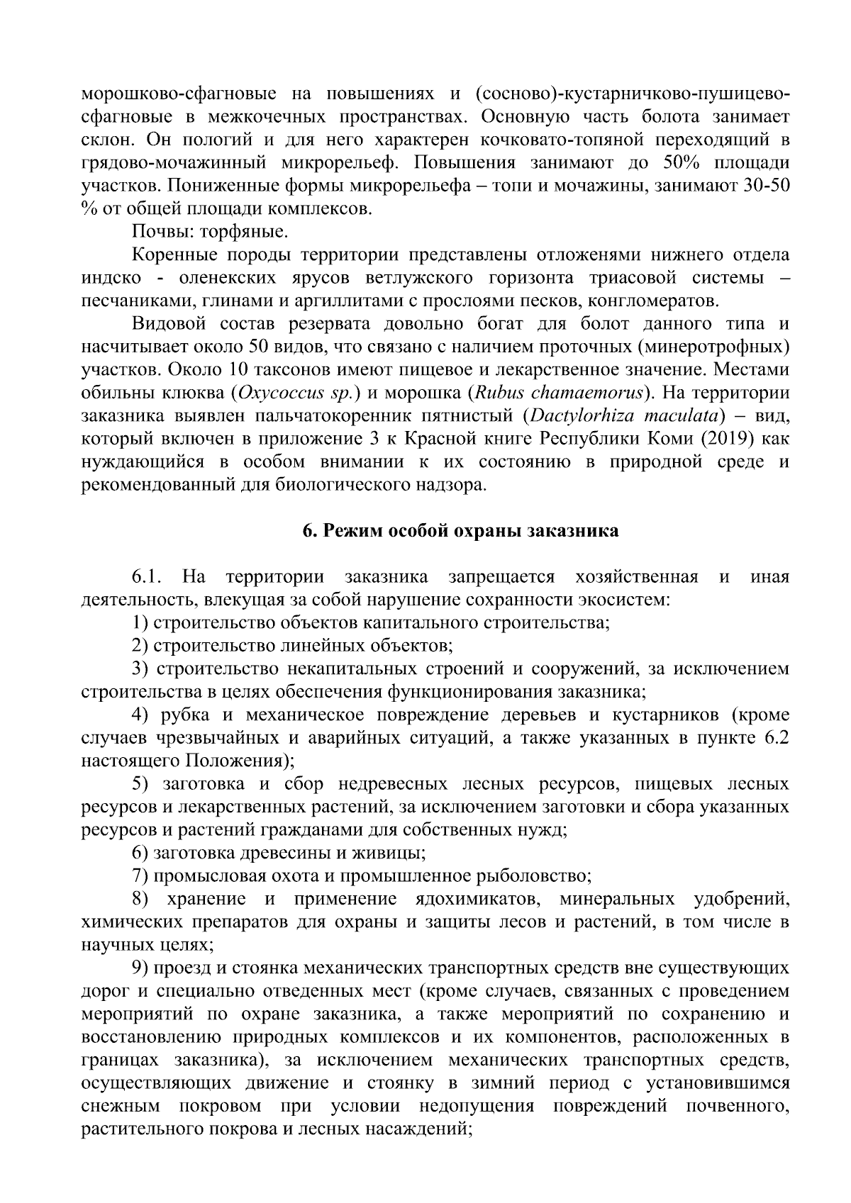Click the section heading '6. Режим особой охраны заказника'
[461, 531]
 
